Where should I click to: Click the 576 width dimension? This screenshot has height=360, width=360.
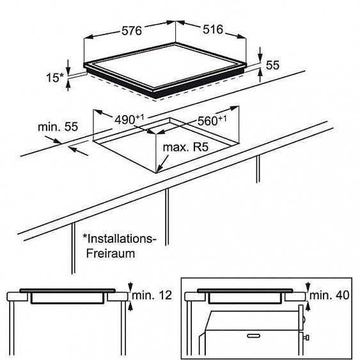point(132,31)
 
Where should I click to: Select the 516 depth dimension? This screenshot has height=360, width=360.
point(213,29)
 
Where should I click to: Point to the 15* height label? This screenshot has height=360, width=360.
point(54,77)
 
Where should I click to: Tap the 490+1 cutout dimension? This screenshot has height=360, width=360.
point(129,119)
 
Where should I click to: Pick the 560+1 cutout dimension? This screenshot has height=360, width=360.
point(212,120)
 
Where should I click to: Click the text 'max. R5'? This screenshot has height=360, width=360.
point(185,147)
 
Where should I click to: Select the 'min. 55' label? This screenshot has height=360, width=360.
point(58,127)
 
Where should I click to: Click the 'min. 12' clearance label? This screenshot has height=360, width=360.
point(152,295)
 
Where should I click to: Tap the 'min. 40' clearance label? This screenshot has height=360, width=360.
point(329,295)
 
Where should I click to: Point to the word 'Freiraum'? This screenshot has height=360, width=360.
point(111,254)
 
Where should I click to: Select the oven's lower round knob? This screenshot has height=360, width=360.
point(306,338)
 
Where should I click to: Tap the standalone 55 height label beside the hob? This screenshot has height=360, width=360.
point(272,65)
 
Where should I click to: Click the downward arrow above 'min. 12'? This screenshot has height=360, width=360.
point(130,286)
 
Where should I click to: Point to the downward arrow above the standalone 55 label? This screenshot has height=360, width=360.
point(260,54)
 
